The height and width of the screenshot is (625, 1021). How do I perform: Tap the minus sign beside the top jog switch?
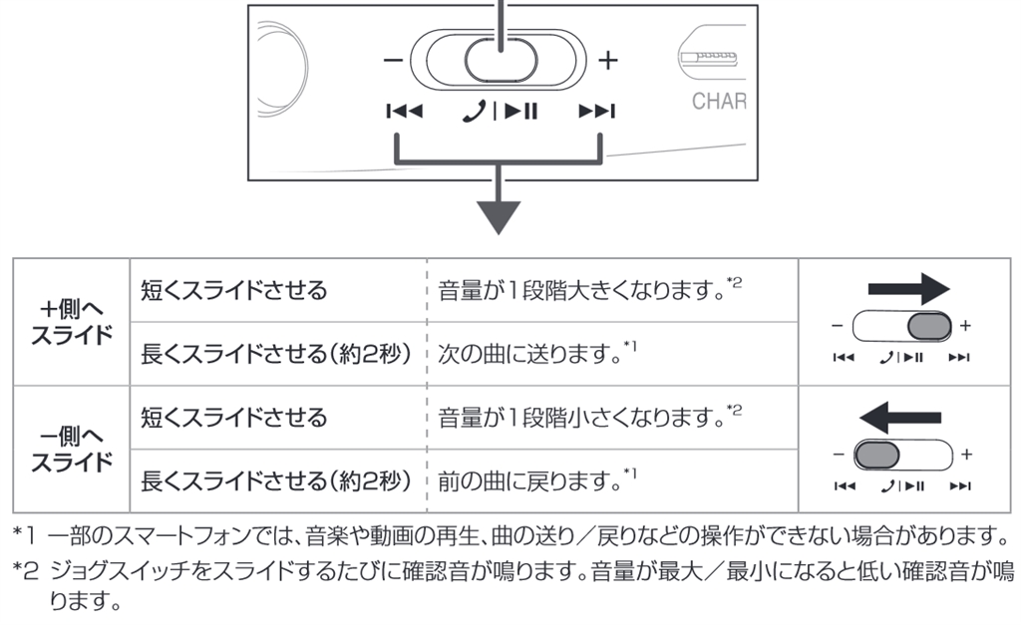393,60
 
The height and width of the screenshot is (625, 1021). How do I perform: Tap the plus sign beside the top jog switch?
607,60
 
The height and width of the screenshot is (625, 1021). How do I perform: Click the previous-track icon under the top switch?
404,111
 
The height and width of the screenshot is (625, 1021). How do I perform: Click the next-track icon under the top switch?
597,111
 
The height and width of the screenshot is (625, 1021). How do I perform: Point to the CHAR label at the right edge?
719,101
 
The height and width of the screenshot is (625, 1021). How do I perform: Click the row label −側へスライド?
71,450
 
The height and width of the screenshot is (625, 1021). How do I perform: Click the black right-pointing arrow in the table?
908,290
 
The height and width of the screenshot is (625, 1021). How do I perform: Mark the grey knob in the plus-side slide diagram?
930,326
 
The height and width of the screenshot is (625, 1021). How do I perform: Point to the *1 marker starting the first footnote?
24,538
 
